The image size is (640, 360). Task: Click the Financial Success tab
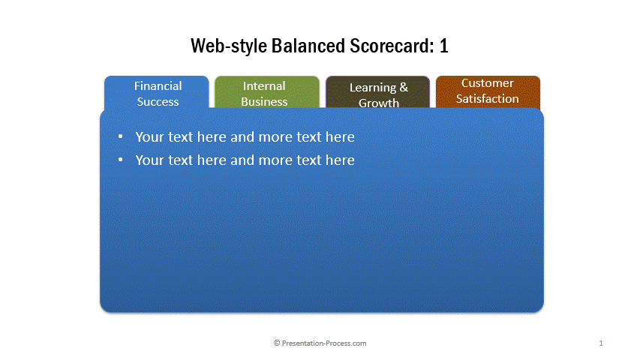[157, 92]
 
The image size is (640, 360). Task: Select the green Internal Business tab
[267, 92]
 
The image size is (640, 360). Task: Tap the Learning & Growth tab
[377, 92]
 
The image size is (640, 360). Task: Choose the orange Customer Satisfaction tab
[488, 92]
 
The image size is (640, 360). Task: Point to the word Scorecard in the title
[392, 46]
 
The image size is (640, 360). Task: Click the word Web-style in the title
[229, 46]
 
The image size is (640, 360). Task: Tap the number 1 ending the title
[443, 46]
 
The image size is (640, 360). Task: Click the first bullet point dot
[120, 136]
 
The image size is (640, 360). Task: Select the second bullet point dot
[120, 160]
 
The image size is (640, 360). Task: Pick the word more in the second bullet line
[275, 160]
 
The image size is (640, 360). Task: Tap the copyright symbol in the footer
[277, 343]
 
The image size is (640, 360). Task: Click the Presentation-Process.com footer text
[324, 343]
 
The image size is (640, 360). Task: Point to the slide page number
[601, 343]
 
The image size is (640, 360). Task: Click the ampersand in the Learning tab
[404, 87]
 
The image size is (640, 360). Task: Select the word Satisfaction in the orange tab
[488, 99]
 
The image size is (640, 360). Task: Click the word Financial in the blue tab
[158, 86]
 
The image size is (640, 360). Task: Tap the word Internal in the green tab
[264, 86]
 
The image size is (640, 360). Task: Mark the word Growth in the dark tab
[379, 103]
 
